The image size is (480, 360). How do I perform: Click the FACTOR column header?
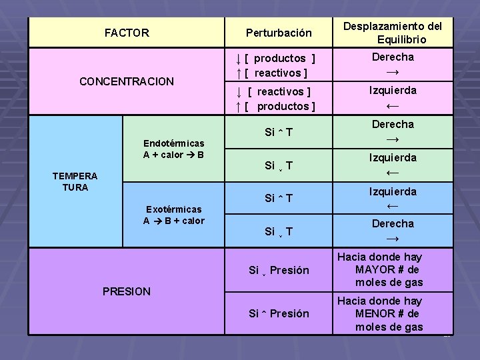click(x=127, y=33)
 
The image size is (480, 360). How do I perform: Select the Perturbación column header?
click(x=278, y=33)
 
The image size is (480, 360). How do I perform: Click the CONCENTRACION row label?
click(x=126, y=82)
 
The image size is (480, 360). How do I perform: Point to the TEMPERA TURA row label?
click(x=75, y=181)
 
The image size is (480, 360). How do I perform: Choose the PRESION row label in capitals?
click(x=126, y=291)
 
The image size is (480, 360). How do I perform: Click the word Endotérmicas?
click(x=174, y=143)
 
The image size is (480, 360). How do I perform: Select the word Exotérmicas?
click(x=174, y=209)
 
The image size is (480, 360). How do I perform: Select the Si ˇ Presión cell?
click(x=279, y=270)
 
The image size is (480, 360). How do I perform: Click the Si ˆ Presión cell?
click(x=279, y=313)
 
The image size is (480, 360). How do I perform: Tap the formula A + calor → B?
click(x=173, y=155)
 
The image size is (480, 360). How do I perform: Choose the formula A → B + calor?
click(x=174, y=221)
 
